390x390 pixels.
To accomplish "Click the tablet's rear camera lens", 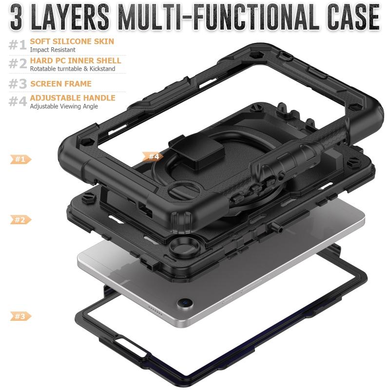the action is coord(185,303).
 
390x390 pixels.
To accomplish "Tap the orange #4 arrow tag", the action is coord(153,156).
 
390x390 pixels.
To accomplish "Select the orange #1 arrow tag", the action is coord(20,159).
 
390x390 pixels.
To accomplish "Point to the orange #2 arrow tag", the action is coord(20,220).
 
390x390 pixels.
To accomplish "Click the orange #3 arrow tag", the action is coord(20,316).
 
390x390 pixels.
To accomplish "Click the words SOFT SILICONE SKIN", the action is coord(72,41).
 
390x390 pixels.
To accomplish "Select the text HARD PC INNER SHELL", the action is coord(76,60).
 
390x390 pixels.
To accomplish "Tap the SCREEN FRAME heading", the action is coord(61,83).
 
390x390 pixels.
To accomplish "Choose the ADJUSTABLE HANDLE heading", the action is coord(73,98).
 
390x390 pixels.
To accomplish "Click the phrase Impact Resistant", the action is coord(53,50).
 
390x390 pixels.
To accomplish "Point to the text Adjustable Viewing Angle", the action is coord(64,106).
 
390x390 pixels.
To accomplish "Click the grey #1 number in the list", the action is coord(18,45).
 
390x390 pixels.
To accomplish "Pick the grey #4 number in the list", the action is coord(18,101).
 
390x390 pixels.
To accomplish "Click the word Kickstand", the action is coord(102,69).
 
